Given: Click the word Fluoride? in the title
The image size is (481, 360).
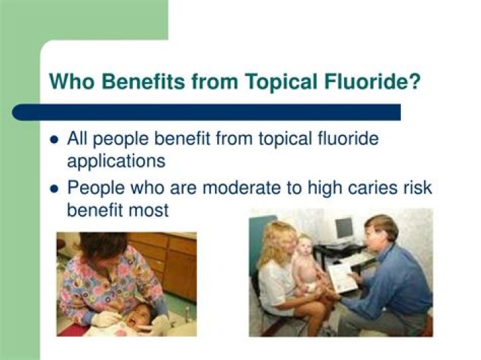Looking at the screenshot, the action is point(372,81).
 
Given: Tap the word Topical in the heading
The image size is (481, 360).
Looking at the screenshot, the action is point(281,82).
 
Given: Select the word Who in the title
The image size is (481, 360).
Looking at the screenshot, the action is point(71,81).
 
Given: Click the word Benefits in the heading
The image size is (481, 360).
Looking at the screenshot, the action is point(143,81).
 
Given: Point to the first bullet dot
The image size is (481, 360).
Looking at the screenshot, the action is point(54,140).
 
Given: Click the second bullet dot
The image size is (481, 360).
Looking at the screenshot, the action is point(54,188).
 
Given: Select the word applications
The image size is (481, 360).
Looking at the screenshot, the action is point(116,161).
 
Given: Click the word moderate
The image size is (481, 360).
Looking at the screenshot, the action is point(241,188).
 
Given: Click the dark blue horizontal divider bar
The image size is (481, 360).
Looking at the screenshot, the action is point(206,112).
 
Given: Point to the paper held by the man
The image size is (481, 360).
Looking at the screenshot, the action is point(343,277).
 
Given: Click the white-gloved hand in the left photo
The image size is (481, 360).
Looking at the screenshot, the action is point(105,319).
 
